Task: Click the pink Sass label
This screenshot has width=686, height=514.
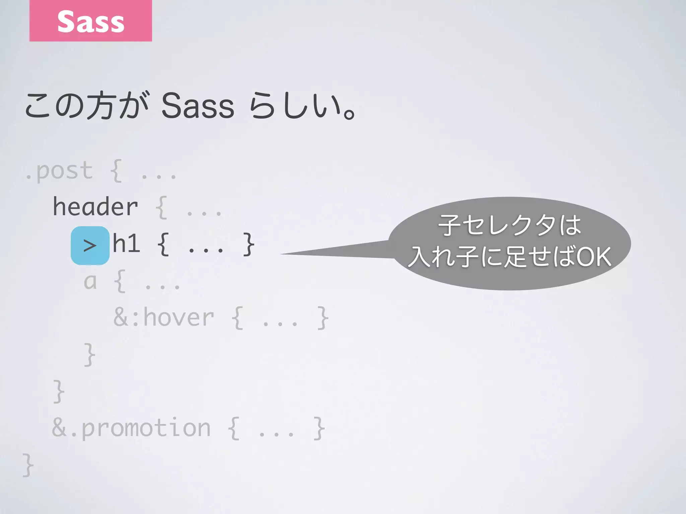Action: coord(90,21)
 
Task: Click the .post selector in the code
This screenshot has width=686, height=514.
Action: coord(59,171)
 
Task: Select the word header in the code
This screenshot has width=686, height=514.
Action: coord(95,207)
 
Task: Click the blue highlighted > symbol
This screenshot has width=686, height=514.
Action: coord(90,246)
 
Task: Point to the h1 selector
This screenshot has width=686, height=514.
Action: coord(126,244)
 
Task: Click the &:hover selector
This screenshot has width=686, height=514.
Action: coord(163,317)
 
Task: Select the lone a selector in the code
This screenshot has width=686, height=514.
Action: coord(90,282)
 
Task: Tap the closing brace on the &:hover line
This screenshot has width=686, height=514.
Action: coord(323,318)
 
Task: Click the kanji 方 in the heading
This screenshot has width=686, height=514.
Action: coord(100,106)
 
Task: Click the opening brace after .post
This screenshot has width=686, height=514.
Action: coord(116,171)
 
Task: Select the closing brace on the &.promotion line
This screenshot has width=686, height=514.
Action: coord(319,428)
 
